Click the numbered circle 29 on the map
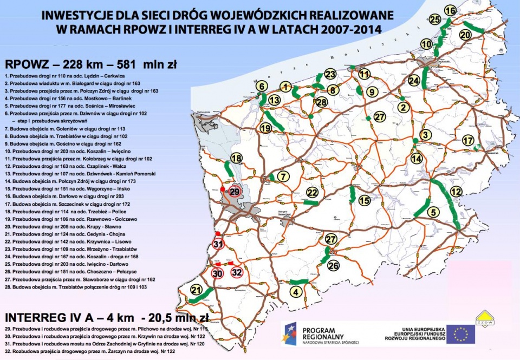235,192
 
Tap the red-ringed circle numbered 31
218,244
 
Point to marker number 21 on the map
196,291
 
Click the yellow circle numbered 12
456,192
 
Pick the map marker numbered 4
295,292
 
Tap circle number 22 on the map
312,192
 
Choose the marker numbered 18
236,158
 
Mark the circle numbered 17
469,140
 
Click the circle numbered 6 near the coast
261,86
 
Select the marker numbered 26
333,265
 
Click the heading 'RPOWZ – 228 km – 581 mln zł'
90,65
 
